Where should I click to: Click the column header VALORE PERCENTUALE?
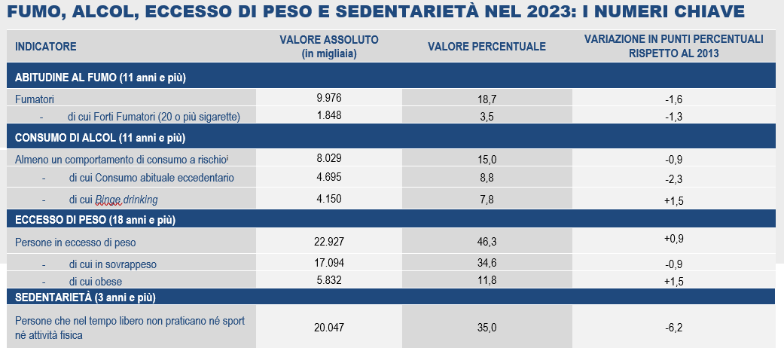[x=487, y=46]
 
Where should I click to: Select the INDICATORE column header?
[x=46, y=46]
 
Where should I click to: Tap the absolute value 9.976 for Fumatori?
[x=329, y=98]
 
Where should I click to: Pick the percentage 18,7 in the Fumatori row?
[x=487, y=99]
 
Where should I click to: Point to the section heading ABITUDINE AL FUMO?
[x=100, y=78]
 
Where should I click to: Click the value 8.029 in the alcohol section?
[x=329, y=158]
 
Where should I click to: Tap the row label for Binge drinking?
[x=127, y=199]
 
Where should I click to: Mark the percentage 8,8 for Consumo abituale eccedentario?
[x=487, y=178]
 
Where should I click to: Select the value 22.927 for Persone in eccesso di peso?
[x=329, y=242]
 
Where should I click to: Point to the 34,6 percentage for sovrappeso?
[x=487, y=264]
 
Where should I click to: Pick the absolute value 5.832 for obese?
[x=329, y=280]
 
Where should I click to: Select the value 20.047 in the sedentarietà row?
[x=329, y=328]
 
